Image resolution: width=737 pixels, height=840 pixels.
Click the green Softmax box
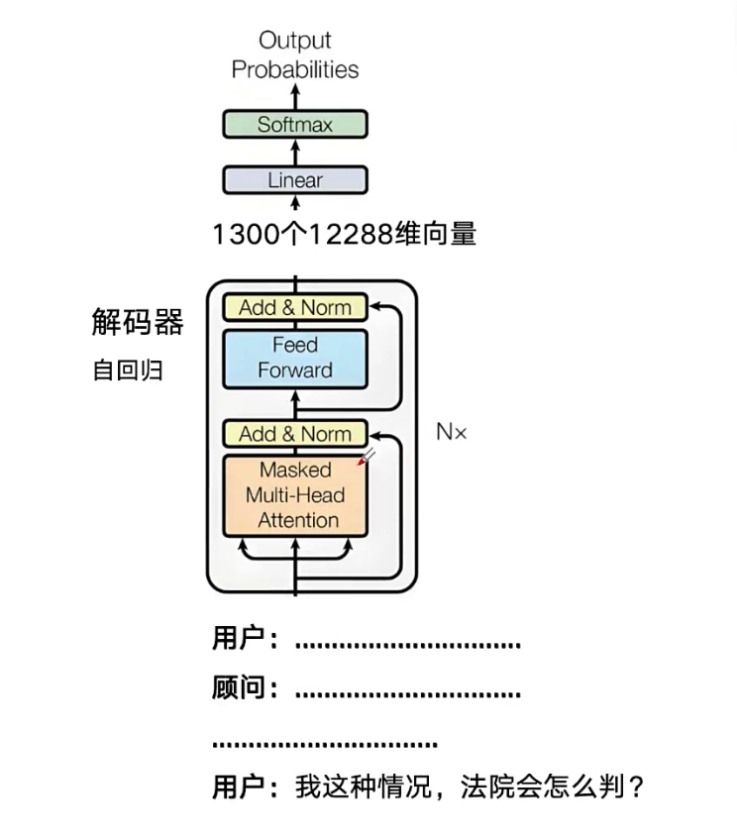295,125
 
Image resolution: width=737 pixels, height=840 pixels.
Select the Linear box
295,180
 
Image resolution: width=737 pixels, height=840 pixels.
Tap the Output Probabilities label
295,54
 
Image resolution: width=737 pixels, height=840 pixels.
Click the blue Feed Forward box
295,358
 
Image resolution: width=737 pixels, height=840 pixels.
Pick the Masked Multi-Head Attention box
295,495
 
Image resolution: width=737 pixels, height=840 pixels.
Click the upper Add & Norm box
295,307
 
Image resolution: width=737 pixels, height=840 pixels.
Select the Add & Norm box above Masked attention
295,434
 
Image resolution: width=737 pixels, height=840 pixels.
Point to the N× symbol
451,432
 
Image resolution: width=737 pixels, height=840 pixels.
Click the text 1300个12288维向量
344,235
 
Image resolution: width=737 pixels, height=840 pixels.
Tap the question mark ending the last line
636,787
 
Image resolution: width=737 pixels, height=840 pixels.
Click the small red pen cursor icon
369,456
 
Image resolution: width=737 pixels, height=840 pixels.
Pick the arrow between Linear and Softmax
295,153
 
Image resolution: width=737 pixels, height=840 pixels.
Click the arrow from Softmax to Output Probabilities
295,97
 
